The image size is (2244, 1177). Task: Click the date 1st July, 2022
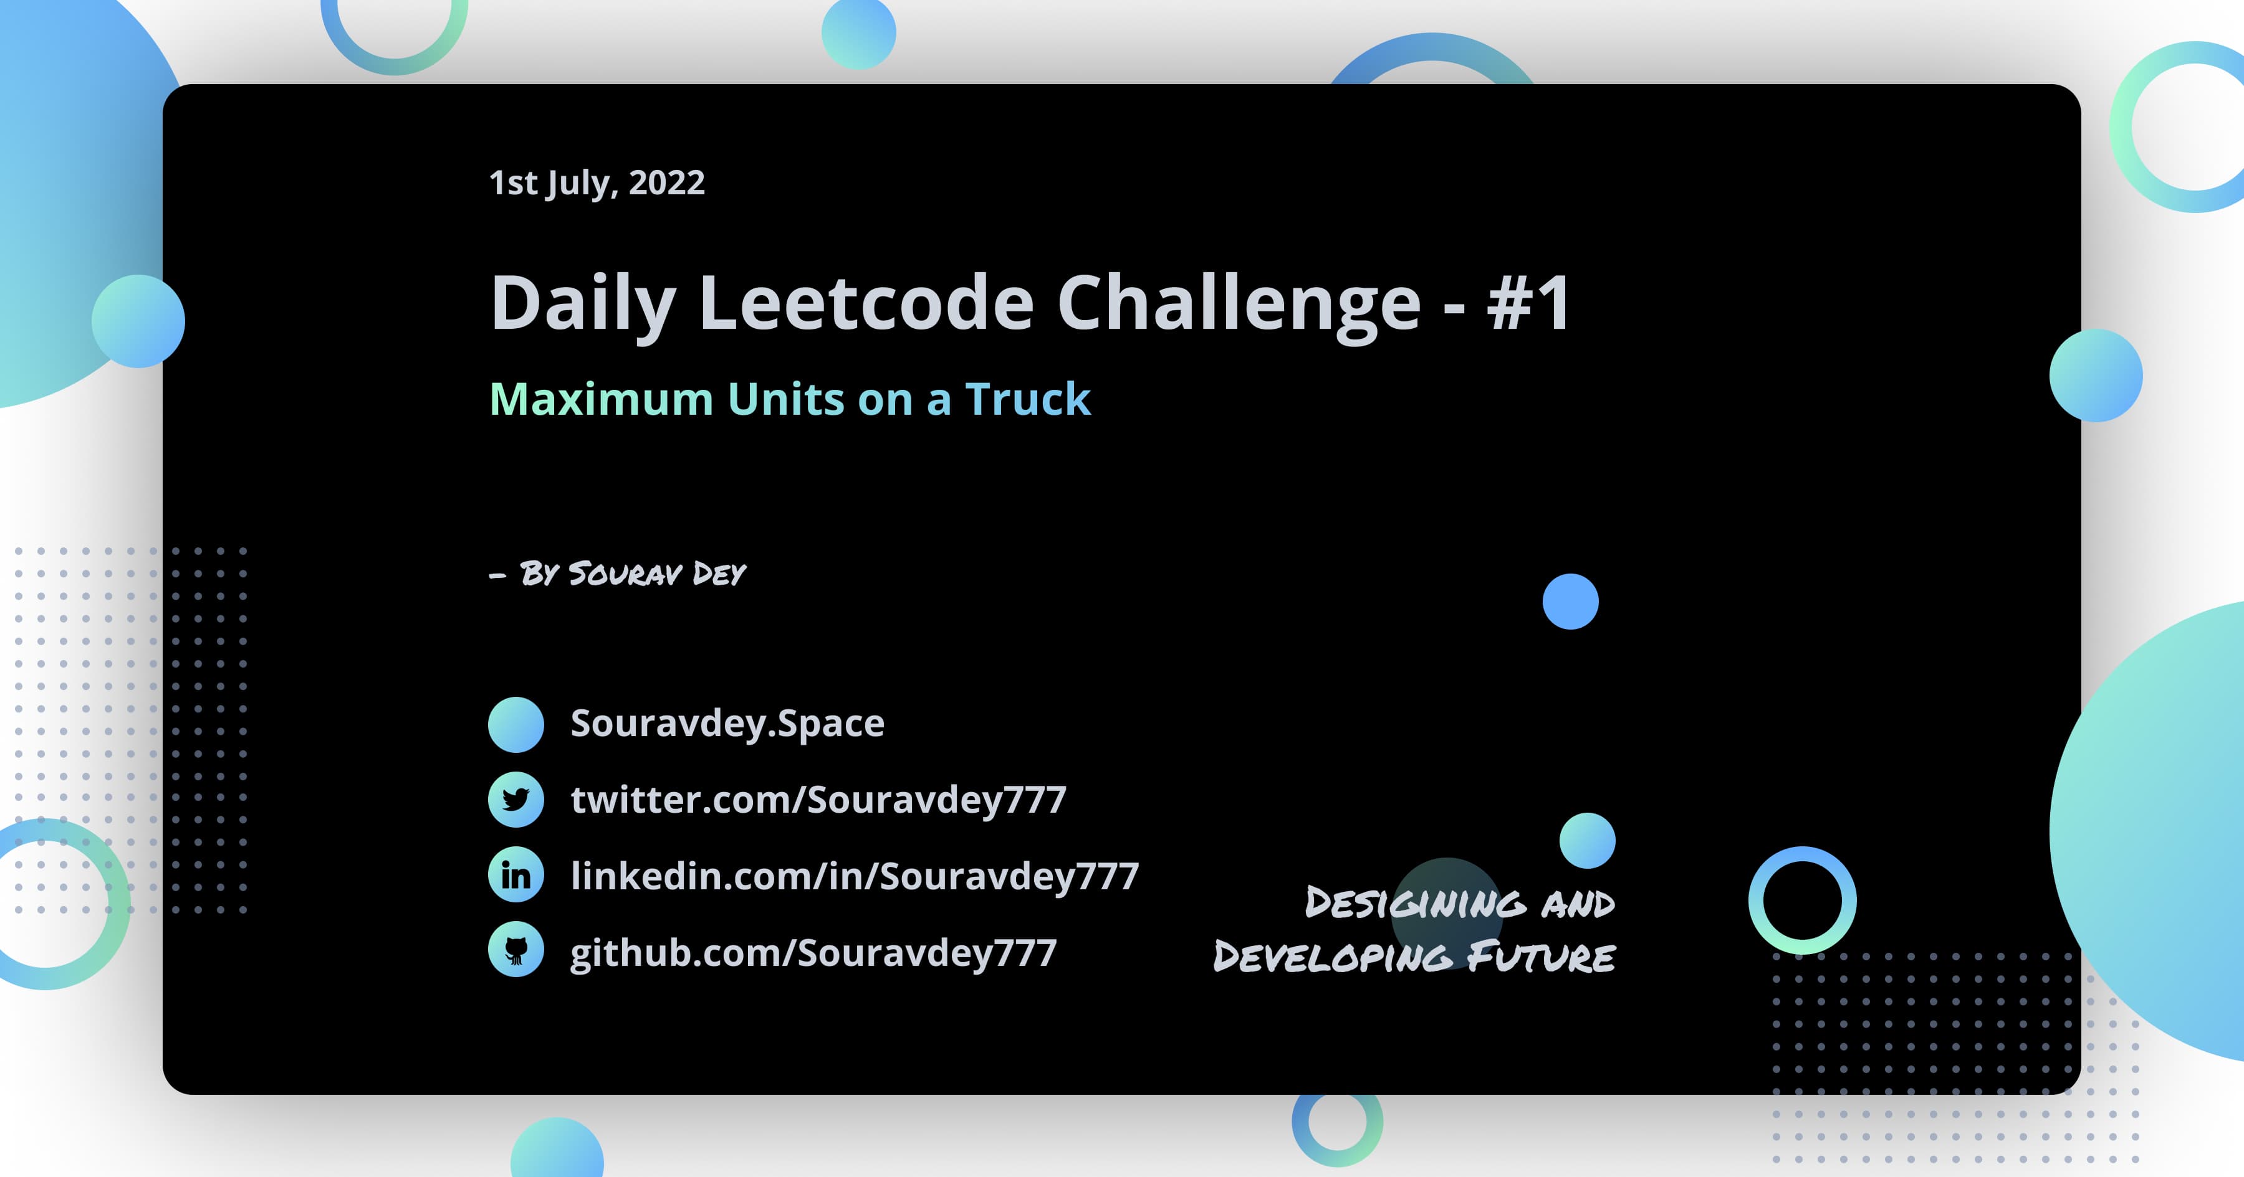(597, 183)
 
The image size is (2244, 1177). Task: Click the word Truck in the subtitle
(1028, 400)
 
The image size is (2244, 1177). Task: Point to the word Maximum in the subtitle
(601, 400)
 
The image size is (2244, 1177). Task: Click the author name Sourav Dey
(657, 574)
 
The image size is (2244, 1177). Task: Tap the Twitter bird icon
(515, 799)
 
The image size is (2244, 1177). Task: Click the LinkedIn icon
(515, 875)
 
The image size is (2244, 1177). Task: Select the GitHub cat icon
(515, 950)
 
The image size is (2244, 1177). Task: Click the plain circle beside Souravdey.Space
(515, 724)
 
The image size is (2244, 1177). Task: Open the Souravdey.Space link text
(727, 724)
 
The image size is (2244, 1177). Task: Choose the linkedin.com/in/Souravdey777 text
(855, 876)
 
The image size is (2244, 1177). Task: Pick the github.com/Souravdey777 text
(813, 952)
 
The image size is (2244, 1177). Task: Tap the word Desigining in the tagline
(1416, 903)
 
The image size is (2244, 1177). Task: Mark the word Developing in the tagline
(1333, 957)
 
